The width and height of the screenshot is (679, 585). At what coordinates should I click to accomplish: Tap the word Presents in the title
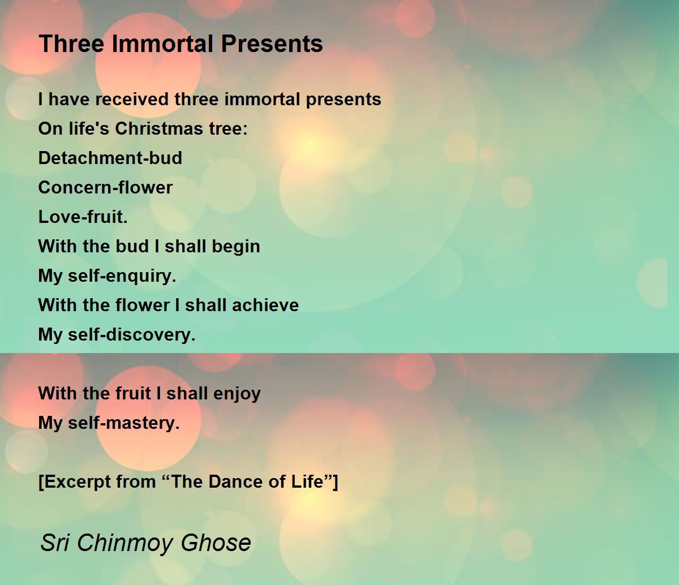coord(272,44)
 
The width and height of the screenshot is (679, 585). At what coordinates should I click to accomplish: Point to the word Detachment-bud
coord(110,158)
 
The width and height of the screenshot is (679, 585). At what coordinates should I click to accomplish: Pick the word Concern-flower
coord(105,188)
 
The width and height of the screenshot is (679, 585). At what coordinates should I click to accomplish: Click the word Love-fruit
coord(83,217)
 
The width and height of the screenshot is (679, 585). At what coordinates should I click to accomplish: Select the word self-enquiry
coord(122,276)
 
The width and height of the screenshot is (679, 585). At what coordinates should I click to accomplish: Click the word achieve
coord(265,305)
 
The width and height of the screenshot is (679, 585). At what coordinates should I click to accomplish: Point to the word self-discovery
coord(132,335)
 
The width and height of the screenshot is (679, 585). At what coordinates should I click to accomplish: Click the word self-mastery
coord(124,423)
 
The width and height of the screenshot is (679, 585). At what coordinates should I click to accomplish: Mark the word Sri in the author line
coord(55,543)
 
